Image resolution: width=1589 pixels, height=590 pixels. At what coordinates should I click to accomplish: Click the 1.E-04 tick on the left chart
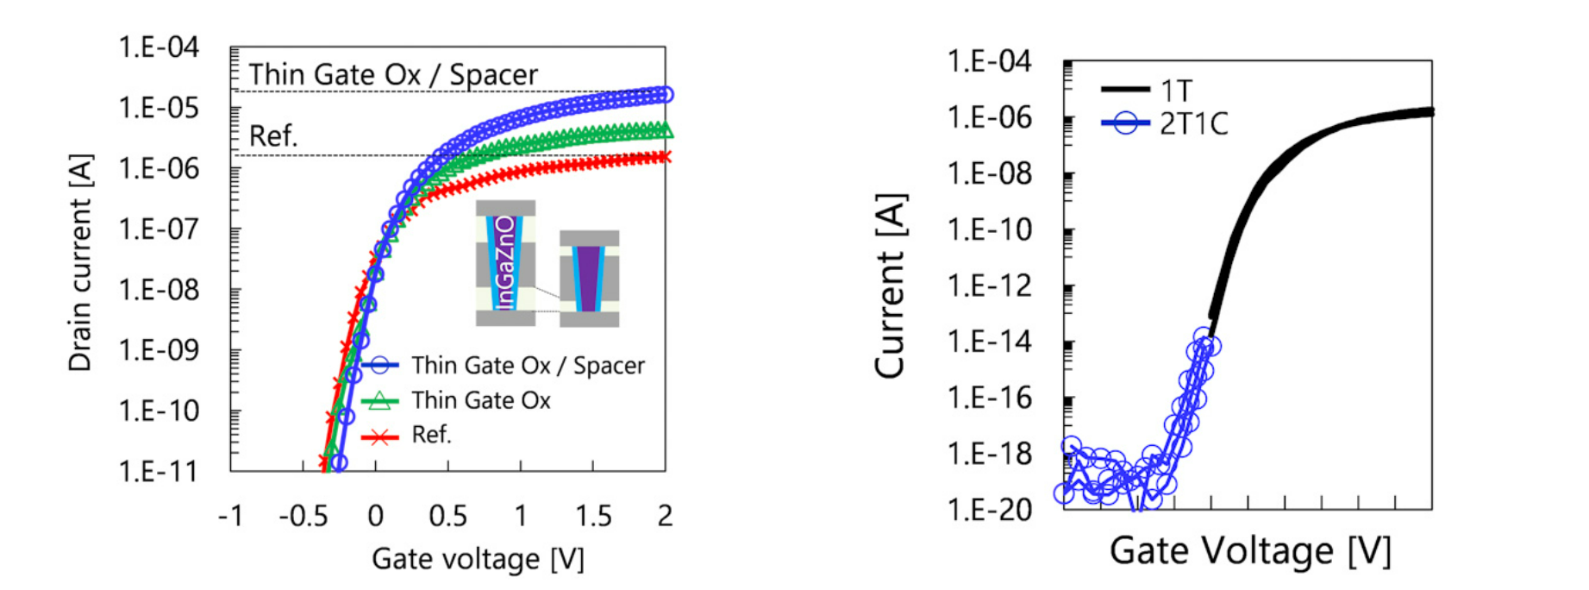(159, 47)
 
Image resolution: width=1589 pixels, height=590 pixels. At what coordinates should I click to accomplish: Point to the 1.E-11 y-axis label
(159, 471)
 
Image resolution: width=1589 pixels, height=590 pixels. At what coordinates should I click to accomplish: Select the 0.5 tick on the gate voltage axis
(447, 516)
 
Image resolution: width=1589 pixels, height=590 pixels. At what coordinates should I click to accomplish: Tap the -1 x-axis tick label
(230, 516)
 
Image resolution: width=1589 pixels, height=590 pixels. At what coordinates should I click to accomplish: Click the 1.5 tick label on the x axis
(593, 516)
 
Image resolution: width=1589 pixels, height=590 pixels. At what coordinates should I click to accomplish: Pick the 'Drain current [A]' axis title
(80, 262)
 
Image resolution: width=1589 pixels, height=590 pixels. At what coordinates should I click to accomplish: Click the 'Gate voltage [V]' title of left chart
(478, 559)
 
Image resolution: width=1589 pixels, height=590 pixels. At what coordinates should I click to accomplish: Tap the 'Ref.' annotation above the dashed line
(273, 135)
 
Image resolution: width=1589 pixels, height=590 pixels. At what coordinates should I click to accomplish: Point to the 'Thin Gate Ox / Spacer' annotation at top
(393, 75)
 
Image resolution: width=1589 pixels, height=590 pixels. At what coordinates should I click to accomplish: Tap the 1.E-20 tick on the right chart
(989, 510)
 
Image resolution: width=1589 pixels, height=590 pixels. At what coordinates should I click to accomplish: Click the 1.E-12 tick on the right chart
(989, 286)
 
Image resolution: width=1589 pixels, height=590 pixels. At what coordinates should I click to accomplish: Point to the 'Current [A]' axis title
(891, 286)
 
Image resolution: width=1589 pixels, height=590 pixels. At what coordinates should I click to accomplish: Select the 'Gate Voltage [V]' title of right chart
(1250, 550)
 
